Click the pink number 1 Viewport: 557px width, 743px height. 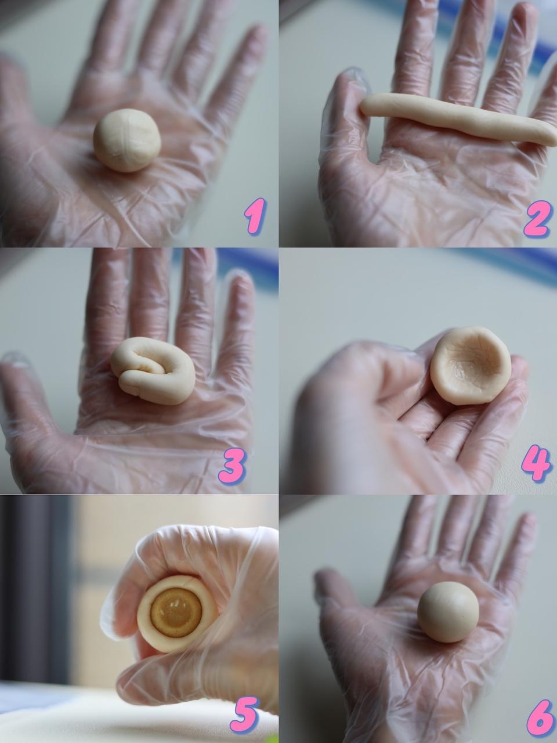click(x=255, y=217)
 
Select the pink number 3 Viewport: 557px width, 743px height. click(x=232, y=464)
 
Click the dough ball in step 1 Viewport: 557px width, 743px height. click(x=127, y=140)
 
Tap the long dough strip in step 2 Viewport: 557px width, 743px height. click(x=458, y=119)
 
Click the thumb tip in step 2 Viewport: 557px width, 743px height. click(x=352, y=80)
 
